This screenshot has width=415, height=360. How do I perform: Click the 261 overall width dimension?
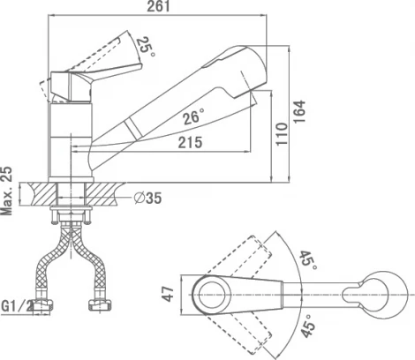point(158,6)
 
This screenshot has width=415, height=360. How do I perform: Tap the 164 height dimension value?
point(299,111)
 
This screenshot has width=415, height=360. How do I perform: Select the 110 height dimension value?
point(282,134)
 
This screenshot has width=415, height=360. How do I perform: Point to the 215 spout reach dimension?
point(191,142)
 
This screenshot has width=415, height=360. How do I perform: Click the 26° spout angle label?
point(193,116)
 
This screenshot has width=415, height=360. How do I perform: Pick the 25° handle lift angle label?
point(145,47)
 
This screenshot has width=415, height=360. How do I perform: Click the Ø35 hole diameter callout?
point(147,198)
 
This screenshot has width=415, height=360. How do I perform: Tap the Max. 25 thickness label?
point(7,191)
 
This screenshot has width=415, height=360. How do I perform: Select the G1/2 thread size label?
point(17,306)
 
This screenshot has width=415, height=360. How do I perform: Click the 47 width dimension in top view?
point(169,294)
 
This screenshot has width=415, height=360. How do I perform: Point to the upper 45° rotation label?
point(309,259)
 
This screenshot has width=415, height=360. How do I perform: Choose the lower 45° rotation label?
point(308,326)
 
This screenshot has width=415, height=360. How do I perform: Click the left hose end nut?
point(42,304)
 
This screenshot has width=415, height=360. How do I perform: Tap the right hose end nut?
point(100,304)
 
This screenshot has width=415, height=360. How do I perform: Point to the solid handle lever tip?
point(140,66)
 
